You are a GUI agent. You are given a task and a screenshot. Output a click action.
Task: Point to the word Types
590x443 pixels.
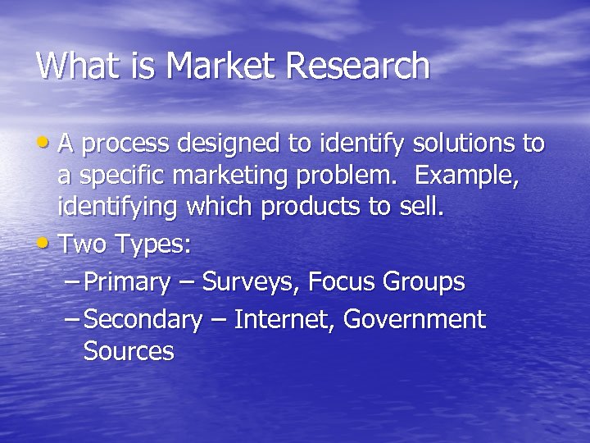(153, 244)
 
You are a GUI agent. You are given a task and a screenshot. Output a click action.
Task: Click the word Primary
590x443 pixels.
(127, 282)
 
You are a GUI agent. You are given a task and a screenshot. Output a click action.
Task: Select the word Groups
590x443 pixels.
(424, 282)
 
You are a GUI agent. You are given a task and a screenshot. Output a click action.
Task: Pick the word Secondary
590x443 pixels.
(143, 319)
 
